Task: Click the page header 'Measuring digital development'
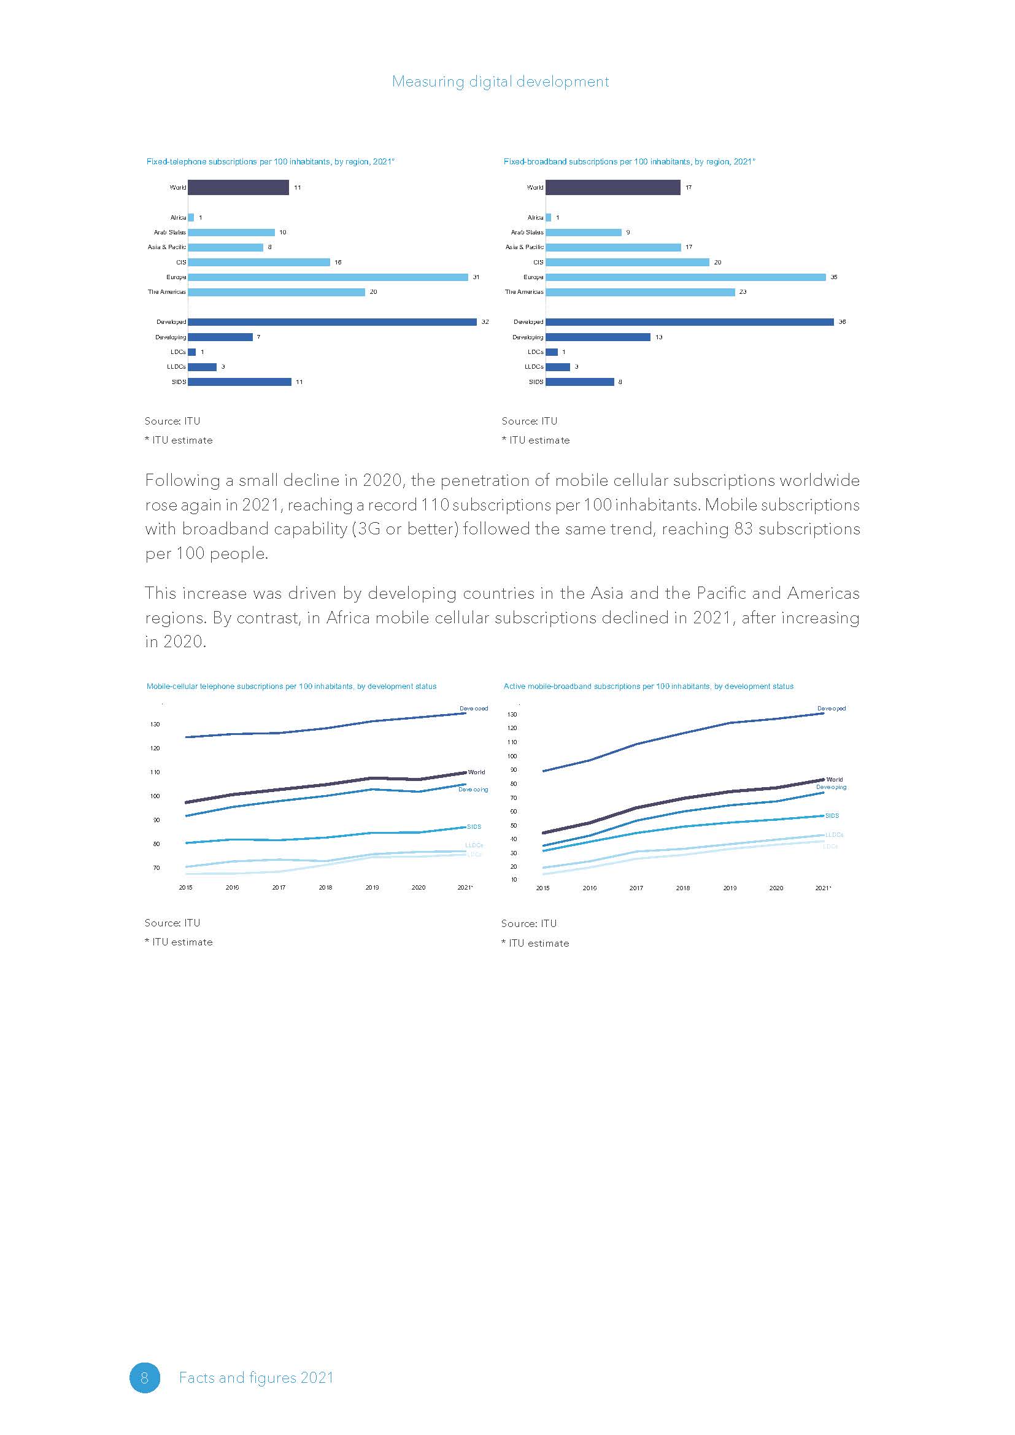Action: [x=500, y=82]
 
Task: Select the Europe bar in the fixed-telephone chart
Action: [x=328, y=277]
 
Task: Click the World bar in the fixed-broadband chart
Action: [x=612, y=188]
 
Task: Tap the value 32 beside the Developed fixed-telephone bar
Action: [x=485, y=322]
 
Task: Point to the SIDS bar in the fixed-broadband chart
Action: [x=579, y=382]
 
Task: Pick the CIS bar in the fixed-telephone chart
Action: [x=259, y=263]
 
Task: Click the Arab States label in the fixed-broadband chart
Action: [x=527, y=233]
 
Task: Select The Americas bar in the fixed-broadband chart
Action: [x=640, y=292]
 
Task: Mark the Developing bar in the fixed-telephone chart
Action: [x=220, y=337]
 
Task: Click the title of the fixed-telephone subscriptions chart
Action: [x=270, y=162]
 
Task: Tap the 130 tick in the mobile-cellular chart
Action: [x=155, y=725]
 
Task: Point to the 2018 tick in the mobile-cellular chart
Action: [x=325, y=888]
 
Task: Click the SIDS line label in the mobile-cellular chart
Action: [x=474, y=827]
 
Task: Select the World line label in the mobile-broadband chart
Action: [x=835, y=779]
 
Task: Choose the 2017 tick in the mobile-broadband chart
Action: [x=636, y=888]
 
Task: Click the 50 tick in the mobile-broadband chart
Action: [x=514, y=826]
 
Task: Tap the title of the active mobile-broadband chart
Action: [x=648, y=687]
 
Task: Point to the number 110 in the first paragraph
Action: [x=436, y=505]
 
